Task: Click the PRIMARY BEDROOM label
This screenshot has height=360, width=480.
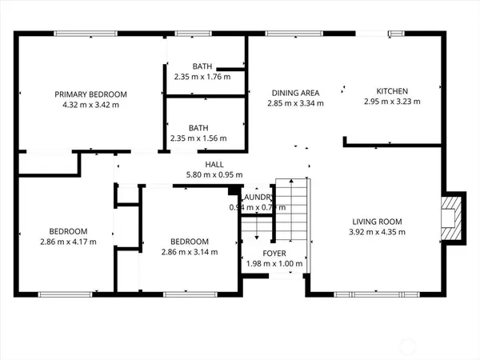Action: [x=90, y=94]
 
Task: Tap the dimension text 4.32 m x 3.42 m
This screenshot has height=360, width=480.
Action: [x=90, y=105]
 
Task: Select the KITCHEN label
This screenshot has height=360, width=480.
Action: [x=393, y=91]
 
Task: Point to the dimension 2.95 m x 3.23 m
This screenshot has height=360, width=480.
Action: [x=393, y=102]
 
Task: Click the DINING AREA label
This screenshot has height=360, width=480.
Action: [x=294, y=93]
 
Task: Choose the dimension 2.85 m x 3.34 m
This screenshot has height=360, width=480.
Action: [x=294, y=103]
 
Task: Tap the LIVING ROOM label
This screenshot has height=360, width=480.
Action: [x=378, y=222]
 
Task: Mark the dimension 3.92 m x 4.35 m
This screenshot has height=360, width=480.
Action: [x=378, y=232]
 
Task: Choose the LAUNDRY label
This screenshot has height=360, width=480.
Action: [x=258, y=198]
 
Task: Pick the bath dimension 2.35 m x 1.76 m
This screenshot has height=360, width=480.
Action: [x=202, y=77]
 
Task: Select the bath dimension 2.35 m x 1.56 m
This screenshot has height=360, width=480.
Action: [x=198, y=138]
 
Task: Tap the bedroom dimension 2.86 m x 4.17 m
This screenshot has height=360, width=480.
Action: [x=67, y=242]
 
